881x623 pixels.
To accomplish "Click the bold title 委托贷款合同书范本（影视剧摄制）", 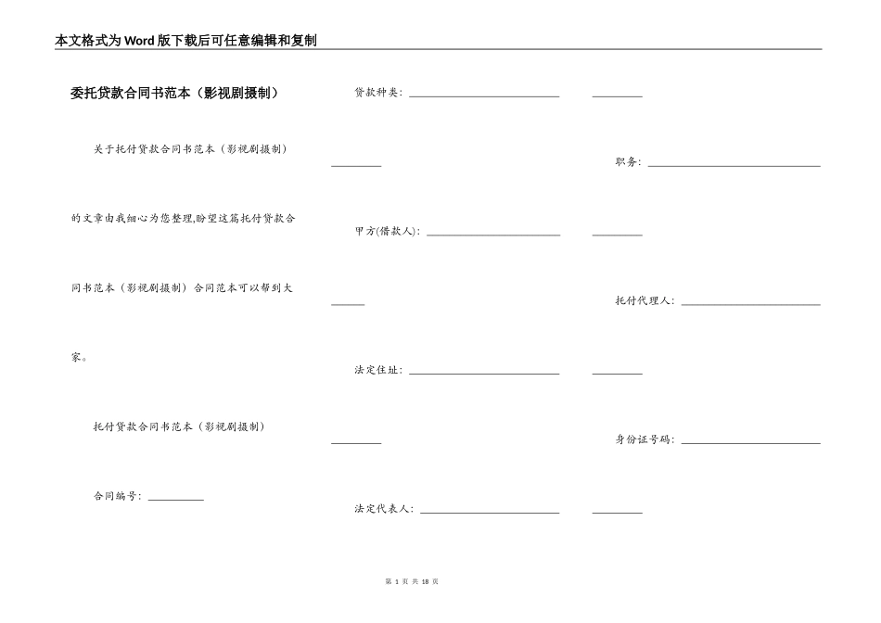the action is (x=174, y=93).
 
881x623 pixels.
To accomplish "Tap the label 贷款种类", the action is (x=377, y=93).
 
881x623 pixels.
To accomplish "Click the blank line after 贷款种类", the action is (x=484, y=95).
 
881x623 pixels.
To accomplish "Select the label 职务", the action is (x=627, y=162).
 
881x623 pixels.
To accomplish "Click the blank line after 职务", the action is (x=734, y=164).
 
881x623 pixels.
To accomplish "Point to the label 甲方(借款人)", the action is (x=387, y=232).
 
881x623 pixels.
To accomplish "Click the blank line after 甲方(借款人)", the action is (x=492, y=234).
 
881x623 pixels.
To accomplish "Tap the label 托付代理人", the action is (x=645, y=301).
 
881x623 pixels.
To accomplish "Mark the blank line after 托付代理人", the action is (x=750, y=303).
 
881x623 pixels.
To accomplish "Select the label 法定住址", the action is (x=377, y=371).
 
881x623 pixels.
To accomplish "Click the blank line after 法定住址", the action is (x=484, y=373).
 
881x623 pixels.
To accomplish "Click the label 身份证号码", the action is (x=645, y=440).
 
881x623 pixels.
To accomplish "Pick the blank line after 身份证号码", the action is (x=750, y=442).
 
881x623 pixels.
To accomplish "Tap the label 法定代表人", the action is (x=383, y=510).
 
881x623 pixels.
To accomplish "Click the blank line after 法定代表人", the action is (x=490, y=512).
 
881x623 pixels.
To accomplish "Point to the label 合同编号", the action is (x=117, y=496).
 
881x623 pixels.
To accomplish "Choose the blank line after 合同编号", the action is (x=175, y=499).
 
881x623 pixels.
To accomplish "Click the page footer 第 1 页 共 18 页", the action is (x=410, y=581).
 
